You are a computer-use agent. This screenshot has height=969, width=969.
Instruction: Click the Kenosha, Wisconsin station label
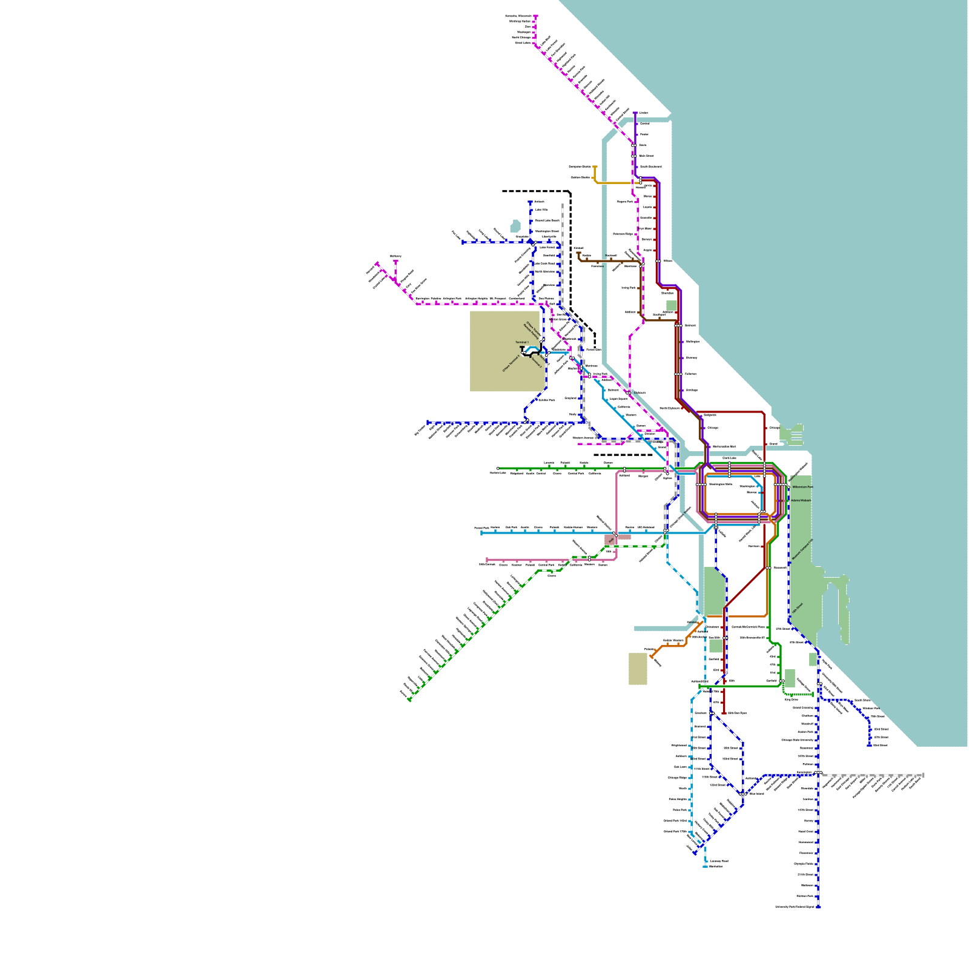(518, 16)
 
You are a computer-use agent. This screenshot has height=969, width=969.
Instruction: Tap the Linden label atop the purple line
(644, 113)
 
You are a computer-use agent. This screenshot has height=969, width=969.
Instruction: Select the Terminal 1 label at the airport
(521, 342)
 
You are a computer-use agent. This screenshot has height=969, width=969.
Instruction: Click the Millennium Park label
(802, 487)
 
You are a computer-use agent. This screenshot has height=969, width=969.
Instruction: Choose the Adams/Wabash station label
(801, 500)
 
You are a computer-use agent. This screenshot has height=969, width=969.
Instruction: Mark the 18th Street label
(797, 608)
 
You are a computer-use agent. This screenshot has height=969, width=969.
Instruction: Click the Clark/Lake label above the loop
(729, 458)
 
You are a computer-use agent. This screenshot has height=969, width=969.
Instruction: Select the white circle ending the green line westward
(498, 468)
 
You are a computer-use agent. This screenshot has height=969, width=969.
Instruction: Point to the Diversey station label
(691, 357)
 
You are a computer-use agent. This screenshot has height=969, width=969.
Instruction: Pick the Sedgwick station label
(710, 415)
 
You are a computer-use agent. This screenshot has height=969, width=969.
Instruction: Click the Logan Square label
(618, 399)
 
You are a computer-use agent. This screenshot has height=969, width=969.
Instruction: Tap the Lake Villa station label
(541, 210)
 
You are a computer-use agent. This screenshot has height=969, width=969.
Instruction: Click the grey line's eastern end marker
(923, 775)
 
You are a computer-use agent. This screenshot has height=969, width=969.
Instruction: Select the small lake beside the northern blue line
(515, 226)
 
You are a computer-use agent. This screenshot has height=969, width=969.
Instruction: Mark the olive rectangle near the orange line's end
(638, 669)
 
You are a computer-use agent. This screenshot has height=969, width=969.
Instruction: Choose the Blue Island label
(756, 793)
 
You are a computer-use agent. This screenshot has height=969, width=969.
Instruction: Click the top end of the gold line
(595, 167)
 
